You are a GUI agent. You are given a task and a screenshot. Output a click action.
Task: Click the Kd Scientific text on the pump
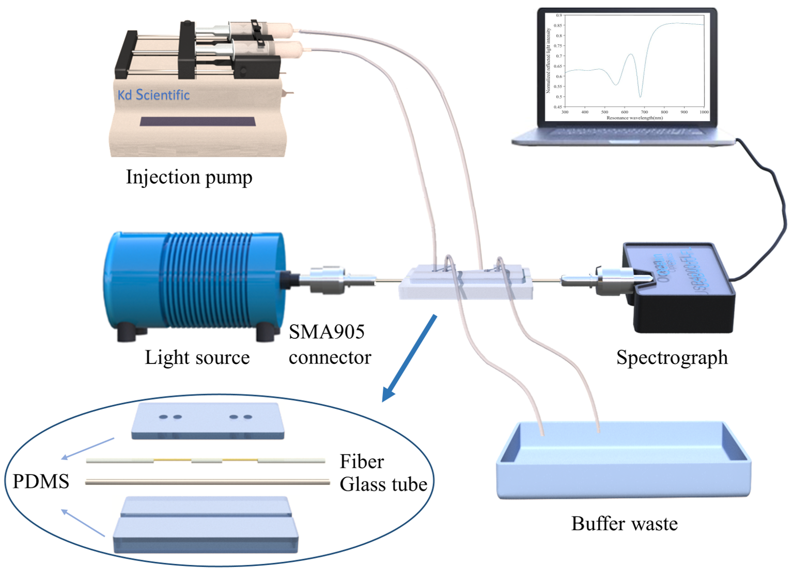pyautogui.click(x=153, y=95)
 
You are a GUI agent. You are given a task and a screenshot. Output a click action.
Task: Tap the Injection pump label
pyautogui.click(x=189, y=177)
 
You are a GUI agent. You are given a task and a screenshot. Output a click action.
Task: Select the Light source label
pyautogui.click(x=197, y=357)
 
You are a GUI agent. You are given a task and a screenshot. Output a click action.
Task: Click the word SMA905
pyautogui.click(x=326, y=332)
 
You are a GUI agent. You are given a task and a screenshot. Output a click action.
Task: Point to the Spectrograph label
pyautogui.click(x=672, y=357)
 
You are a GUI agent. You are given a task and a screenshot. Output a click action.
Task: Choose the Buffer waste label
pyautogui.click(x=624, y=524)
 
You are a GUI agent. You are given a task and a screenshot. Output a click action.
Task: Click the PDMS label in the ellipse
pyautogui.click(x=41, y=481)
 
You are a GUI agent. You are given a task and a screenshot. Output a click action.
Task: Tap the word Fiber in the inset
pyautogui.click(x=362, y=461)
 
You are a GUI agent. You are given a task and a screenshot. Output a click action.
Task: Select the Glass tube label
pyautogui.click(x=383, y=484)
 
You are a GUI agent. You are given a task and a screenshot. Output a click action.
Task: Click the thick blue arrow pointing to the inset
pyautogui.click(x=410, y=356)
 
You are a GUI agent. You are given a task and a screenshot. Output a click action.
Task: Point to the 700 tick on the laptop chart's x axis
pyautogui.click(x=644, y=112)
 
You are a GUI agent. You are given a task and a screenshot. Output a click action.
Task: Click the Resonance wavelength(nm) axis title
pyautogui.click(x=634, y=118)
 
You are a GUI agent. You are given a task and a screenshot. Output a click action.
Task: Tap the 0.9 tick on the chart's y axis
pyautogui.click(x=558, y=15)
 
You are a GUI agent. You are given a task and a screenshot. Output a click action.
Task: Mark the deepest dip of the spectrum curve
pyautogui.click(x=641, y=97)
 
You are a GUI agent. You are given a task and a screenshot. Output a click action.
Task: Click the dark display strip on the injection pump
pyautogui.click(x=197, y=122)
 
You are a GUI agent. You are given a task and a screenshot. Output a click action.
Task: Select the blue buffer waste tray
pyautogui.click(x=624, y=465)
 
